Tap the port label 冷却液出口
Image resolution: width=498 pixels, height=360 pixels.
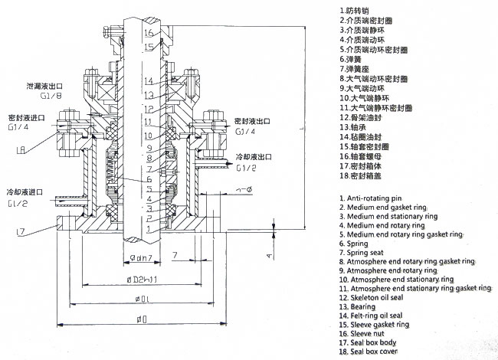click(253, 155)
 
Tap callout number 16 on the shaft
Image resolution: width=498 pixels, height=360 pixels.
click(148, 32)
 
